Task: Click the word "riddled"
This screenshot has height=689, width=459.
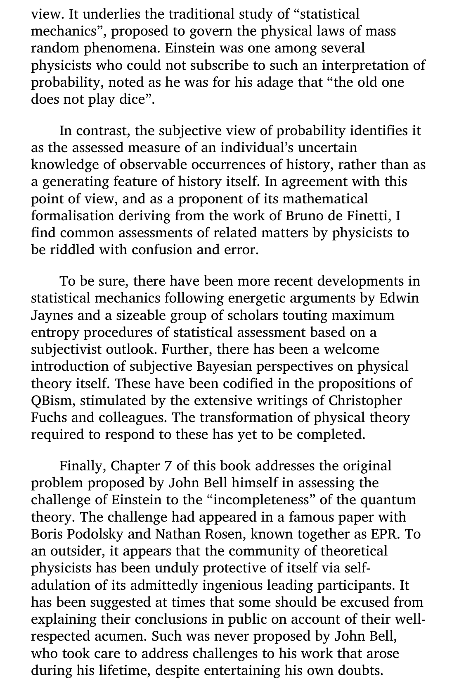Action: click(67, 250)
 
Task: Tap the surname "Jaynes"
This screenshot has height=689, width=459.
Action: click(51, 315)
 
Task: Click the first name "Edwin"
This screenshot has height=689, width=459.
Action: click(400, 298)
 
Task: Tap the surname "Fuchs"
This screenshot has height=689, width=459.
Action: click(48, 417)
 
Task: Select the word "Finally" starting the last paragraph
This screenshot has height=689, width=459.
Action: click(83, 466)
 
